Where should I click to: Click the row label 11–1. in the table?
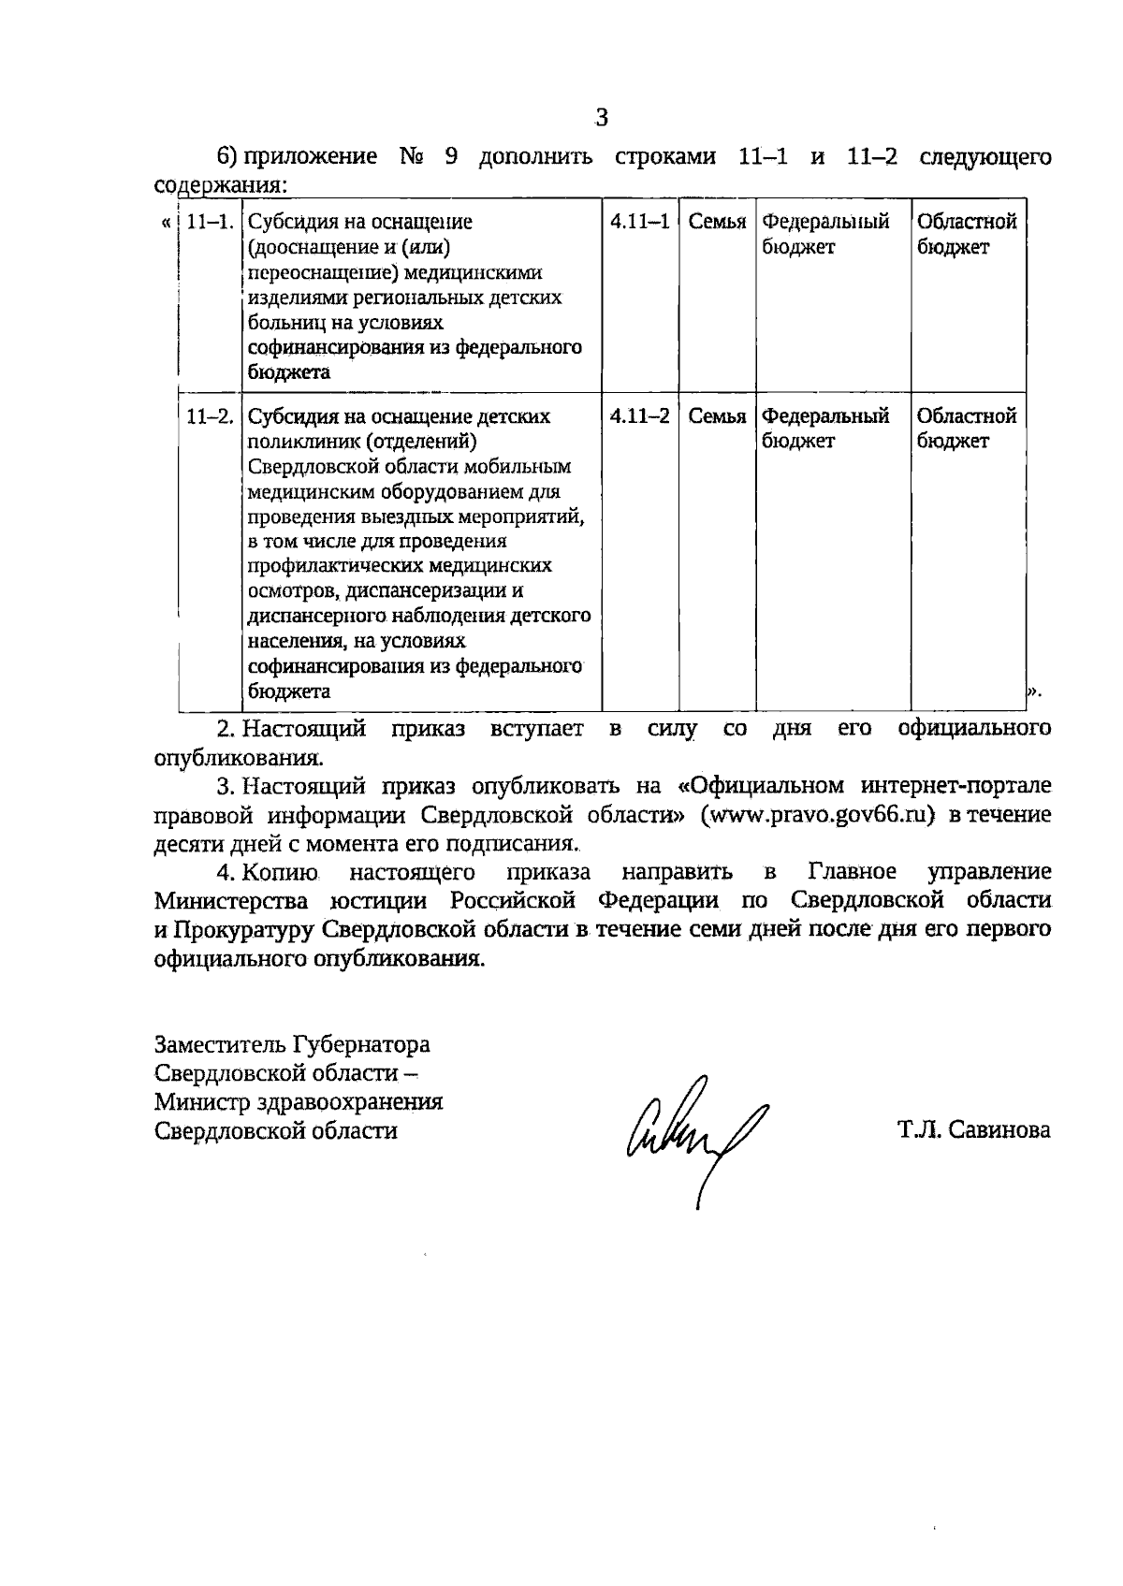coord(210,222)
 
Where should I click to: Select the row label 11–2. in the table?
coord(210,415)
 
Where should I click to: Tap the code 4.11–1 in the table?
coord(639,222)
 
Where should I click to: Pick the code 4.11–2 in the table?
coord(639,415)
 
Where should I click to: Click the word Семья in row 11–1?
coord(717,222)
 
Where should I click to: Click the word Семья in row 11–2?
coord(717,415)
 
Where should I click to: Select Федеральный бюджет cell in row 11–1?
coord(824,234)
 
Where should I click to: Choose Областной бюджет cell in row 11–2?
coord(966,428)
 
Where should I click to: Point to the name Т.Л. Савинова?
coord(973,1129)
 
